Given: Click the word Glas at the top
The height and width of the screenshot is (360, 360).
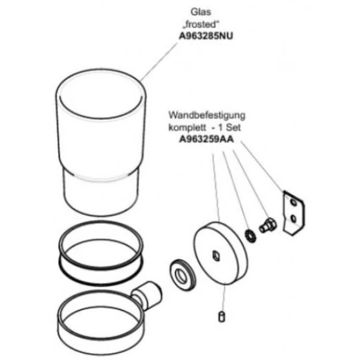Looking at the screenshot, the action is point(201,12).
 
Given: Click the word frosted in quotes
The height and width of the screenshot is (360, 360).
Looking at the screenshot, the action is point(202,25).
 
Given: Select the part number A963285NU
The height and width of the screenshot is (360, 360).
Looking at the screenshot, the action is point(206,36).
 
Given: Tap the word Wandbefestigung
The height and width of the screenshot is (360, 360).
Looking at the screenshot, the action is point(207,115).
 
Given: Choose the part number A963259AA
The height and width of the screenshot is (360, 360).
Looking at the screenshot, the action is point(207,139).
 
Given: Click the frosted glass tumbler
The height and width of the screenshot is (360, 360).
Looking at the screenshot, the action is point(101,143).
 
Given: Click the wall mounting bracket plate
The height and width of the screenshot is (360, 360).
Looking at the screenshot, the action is point(293,213).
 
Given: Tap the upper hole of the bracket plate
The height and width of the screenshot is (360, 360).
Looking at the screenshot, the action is point(293,203).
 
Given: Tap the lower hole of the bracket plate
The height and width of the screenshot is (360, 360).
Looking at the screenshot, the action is point(293,219).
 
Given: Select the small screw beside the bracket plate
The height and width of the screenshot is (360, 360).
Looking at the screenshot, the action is point(267,226).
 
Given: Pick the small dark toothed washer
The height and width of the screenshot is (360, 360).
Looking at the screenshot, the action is point(250,236).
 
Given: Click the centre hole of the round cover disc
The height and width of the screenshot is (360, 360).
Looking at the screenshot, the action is point(216,256).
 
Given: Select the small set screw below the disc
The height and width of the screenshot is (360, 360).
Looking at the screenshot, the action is point(221,316).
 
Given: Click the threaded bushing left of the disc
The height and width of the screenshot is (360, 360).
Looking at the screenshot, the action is point(183,274).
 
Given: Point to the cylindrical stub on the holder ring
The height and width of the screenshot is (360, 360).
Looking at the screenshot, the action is point(147,295).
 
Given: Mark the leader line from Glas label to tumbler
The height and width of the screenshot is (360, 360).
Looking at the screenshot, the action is point(159,61).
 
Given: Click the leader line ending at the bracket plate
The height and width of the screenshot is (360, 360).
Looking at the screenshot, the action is point(262,167).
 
